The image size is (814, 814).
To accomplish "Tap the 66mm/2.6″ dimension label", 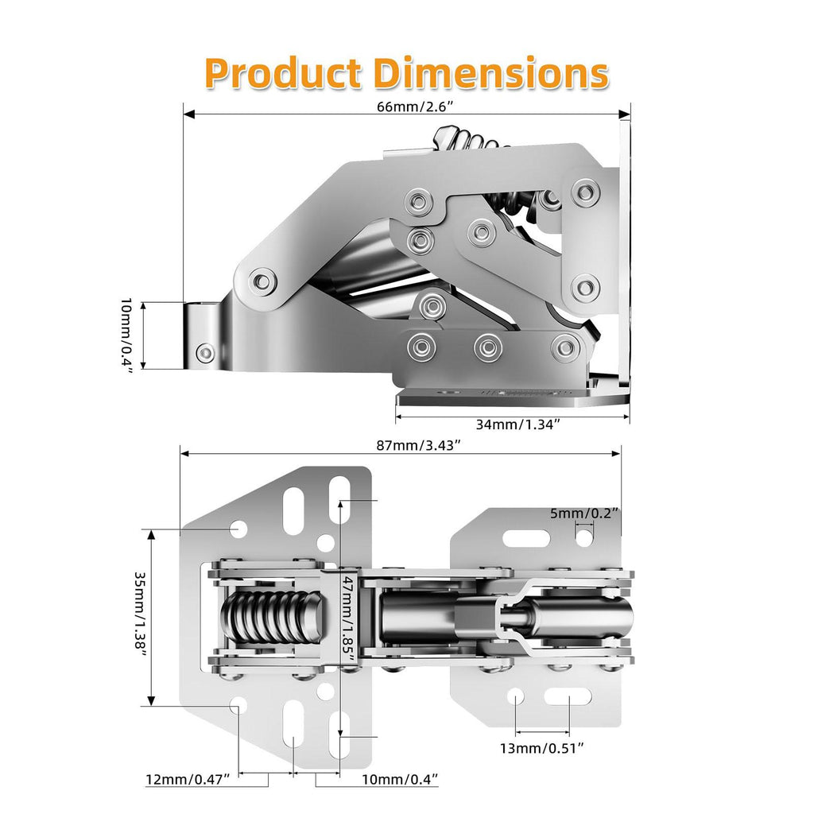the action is [x=415, y=107].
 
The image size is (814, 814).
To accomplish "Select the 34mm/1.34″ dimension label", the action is [x=518, y=424].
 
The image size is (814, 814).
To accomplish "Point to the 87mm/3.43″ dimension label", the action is [x=418, y=445].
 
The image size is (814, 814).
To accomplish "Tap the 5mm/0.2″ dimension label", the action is [x=584, y=513].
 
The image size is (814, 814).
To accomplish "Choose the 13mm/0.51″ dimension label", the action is [x=542, y=748].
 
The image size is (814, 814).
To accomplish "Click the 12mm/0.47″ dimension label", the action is [x=188, y=779].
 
